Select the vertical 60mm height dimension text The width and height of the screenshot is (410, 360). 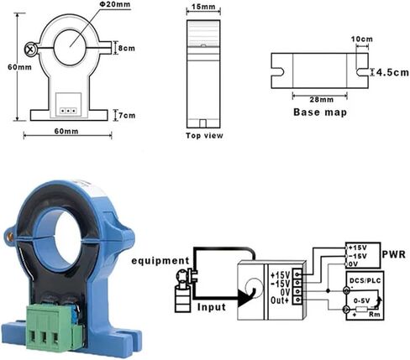click(11, 66)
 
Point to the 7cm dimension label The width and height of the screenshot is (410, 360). click(125, 114)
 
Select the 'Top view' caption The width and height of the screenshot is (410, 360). click(204, 134)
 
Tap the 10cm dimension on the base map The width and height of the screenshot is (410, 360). click(361, 39)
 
